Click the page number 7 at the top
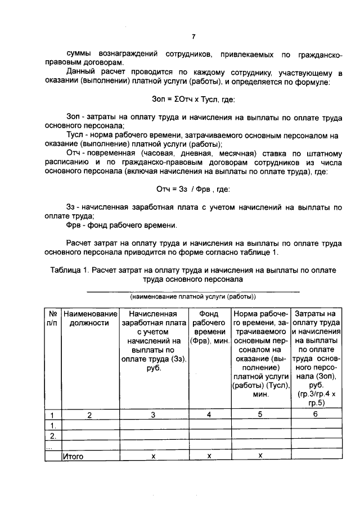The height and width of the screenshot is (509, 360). (x=193, y=37)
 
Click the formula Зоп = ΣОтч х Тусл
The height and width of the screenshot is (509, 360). (x=193, y=100)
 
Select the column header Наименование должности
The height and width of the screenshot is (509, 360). (x=89, y=318)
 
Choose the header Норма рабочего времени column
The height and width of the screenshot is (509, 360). (x=260, y=353)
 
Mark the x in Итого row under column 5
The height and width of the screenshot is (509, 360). (x=260, y=456)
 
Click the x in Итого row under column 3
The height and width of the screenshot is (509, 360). (x=153, y=456)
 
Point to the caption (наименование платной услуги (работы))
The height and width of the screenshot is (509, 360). (x=193, y=296)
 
